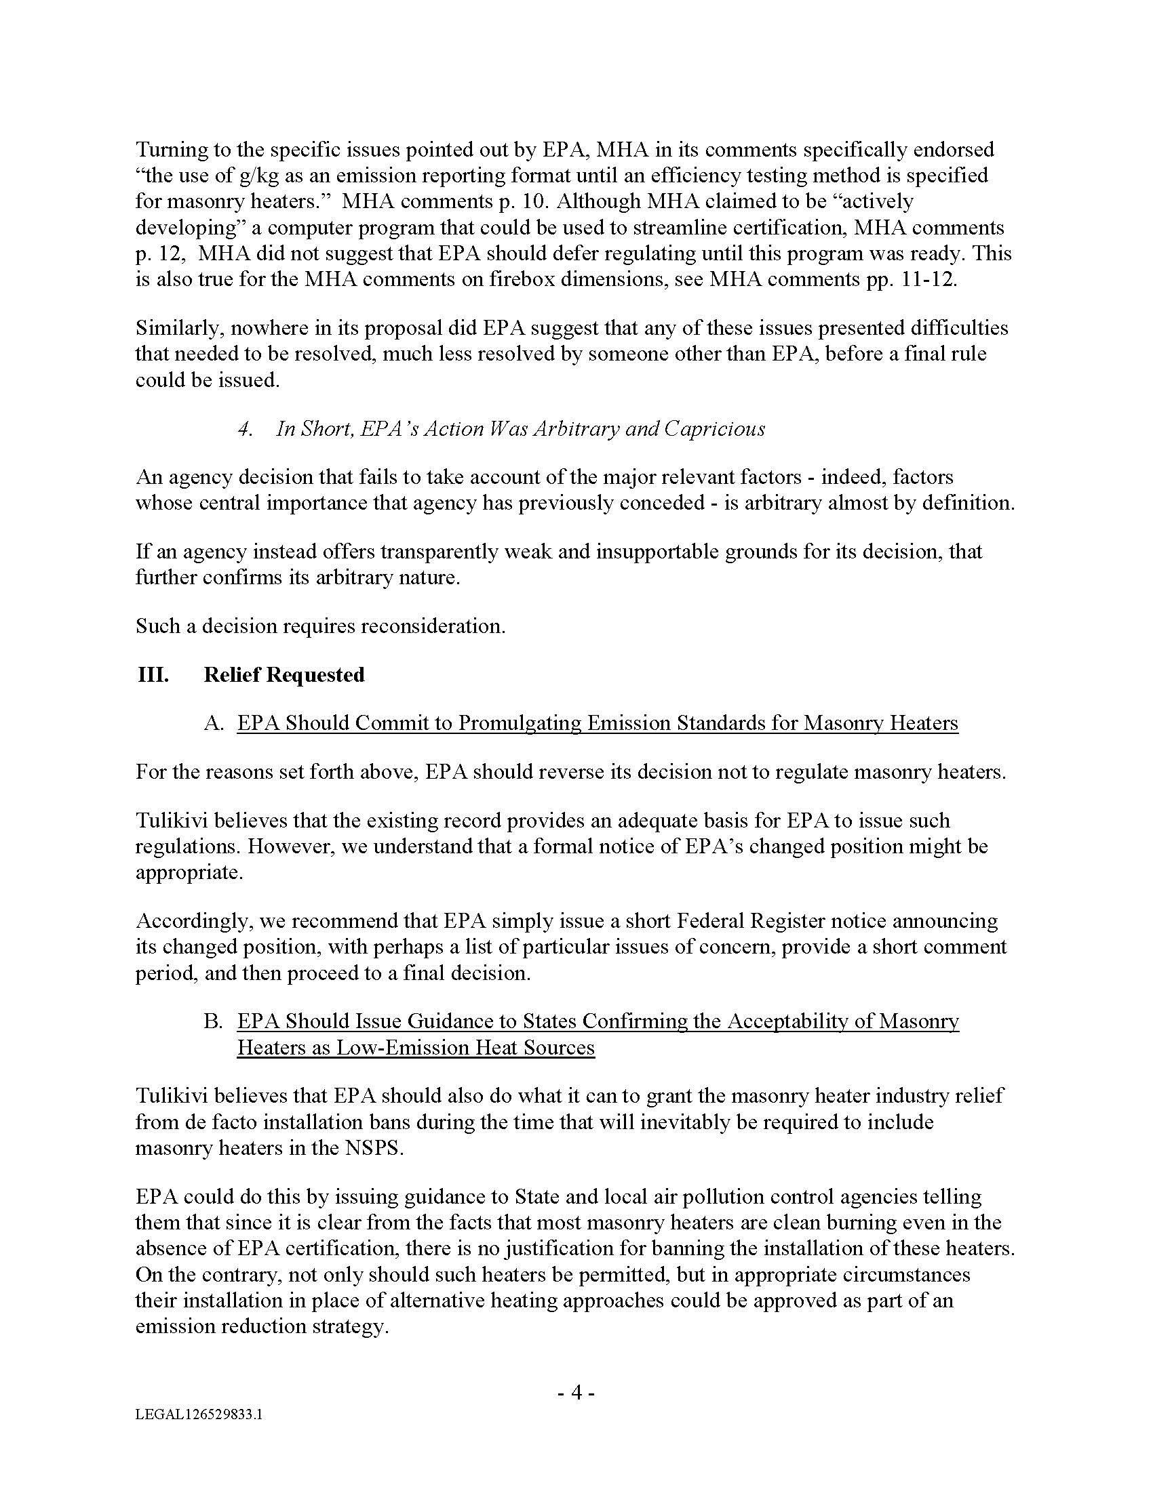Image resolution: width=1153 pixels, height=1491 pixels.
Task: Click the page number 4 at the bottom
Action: click(576, 1391)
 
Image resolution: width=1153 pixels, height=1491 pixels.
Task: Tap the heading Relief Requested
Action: click(284, 674)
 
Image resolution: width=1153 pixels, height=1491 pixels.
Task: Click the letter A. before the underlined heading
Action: click(214, 723)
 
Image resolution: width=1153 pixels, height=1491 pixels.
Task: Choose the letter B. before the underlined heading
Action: click(214, 1021)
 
